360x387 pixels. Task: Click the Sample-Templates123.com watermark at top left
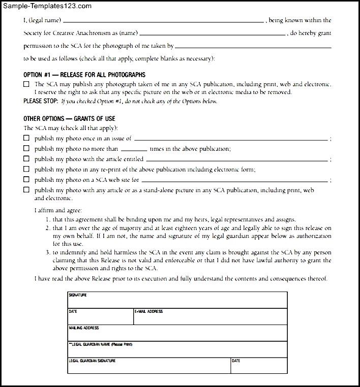46,6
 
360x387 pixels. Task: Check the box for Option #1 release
26,84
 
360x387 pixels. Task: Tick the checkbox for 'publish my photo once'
26,138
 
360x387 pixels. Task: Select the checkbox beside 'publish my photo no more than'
26,149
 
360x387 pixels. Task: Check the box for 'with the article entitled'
26,159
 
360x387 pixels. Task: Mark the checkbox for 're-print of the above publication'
26,170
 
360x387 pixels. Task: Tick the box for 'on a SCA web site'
26,180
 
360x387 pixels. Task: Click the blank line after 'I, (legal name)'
163,21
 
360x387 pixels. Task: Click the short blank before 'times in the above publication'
134,150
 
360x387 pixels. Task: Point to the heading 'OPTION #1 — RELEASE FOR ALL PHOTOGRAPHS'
84,75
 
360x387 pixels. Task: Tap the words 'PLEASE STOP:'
41,101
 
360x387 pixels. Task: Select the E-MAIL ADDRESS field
210,316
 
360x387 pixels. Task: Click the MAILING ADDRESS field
177,333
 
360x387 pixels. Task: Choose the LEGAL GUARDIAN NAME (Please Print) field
177,349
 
